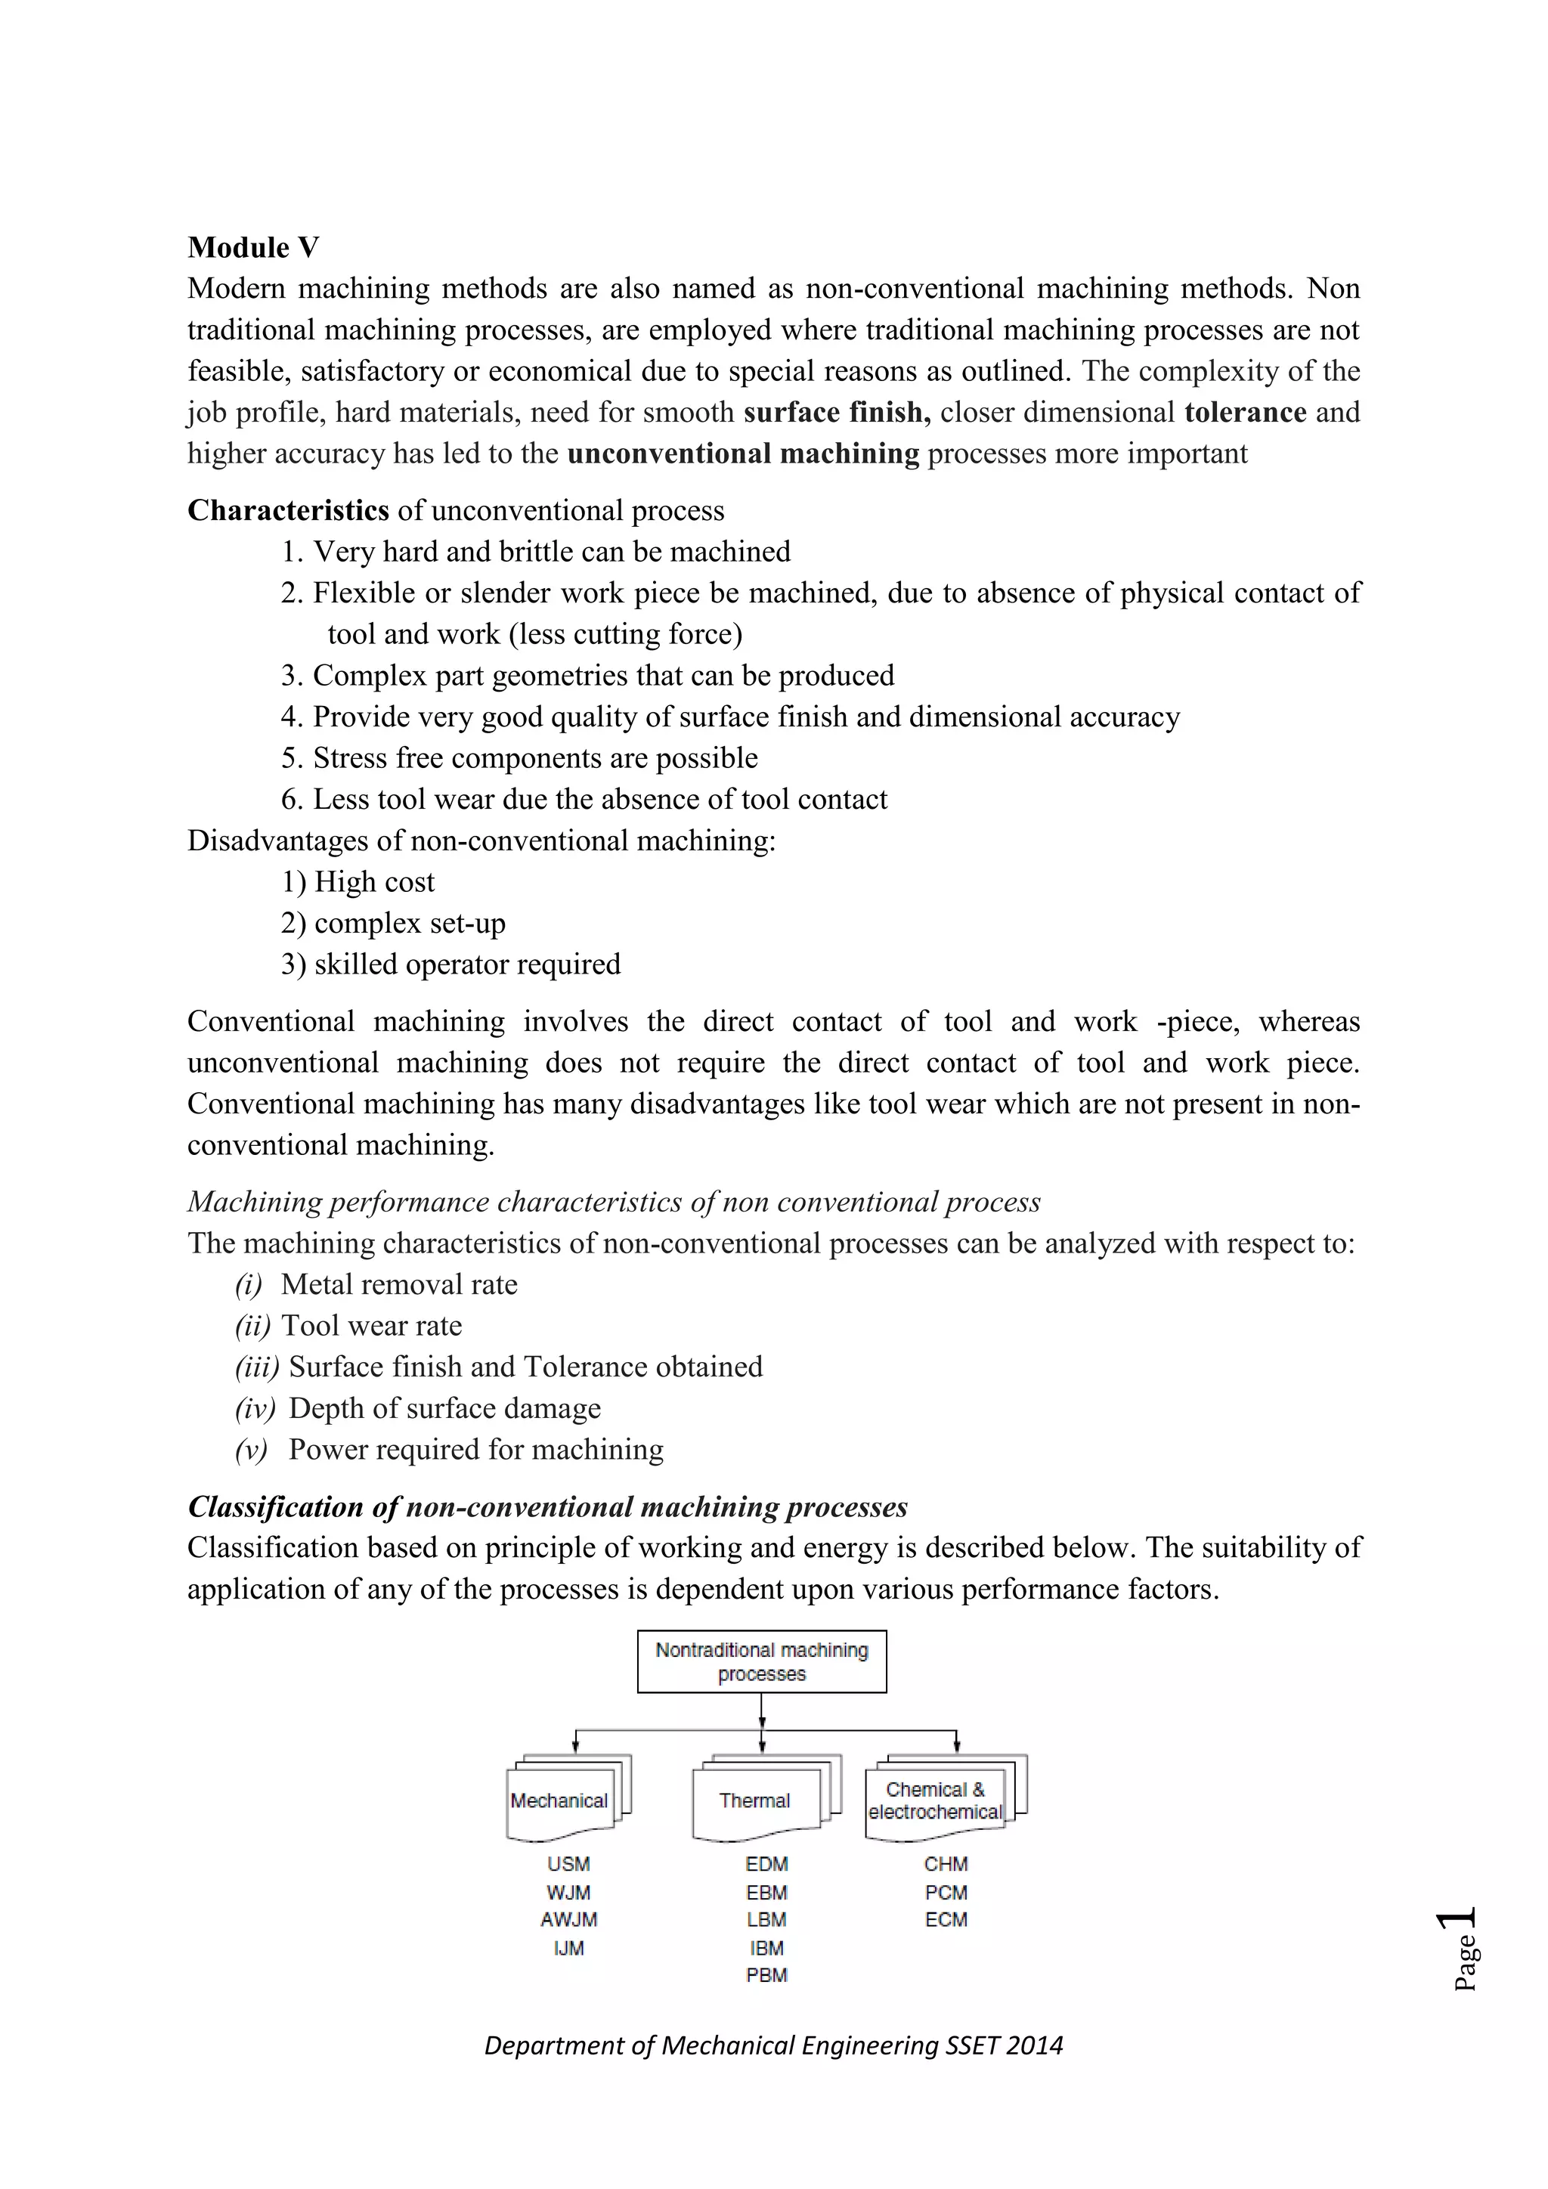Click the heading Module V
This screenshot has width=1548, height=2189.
(252, 248)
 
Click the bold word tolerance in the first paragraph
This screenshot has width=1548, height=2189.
(1245, 413)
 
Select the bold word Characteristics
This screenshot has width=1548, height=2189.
(288, 511)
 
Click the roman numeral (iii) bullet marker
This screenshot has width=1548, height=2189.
(256, 1367)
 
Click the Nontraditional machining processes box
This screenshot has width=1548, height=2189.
(762, 1661)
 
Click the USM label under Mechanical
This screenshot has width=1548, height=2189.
(568, 1864)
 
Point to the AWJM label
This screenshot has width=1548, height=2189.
(568, 1919)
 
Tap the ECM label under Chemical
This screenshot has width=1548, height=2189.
(946, 1919)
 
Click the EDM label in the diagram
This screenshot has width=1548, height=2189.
(766, 1864)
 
